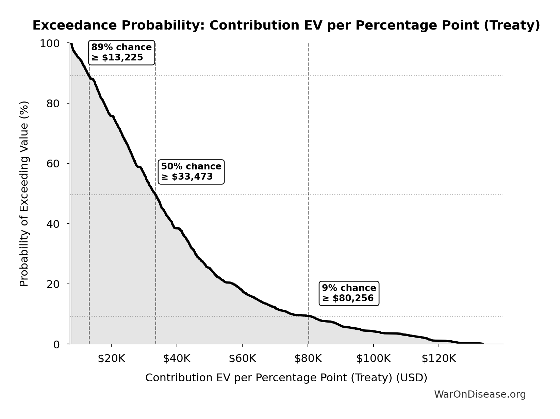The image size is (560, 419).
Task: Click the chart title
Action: click(x=286, y=25)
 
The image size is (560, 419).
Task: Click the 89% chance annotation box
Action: click(x=121, y=52)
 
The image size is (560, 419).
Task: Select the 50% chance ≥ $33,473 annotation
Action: click(x=191, y=171)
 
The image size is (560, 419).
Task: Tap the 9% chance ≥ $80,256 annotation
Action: click(x=349, y=293)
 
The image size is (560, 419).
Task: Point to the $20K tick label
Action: click(x=111, y=359)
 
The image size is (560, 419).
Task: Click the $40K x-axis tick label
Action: click(x=177, y=359)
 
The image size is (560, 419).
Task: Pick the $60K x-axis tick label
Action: click(x=242, y=359)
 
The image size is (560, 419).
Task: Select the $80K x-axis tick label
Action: click(x=308, y=359)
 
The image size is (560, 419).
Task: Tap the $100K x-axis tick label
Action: click(x=373, y=359)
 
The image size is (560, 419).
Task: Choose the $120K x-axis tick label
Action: click(x=439, y=359)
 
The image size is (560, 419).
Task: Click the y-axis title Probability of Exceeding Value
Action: click(x=24, y=194)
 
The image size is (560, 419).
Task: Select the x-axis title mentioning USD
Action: click(x=286, y=378)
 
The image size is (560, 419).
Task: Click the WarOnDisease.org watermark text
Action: click(x=480, y=394)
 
